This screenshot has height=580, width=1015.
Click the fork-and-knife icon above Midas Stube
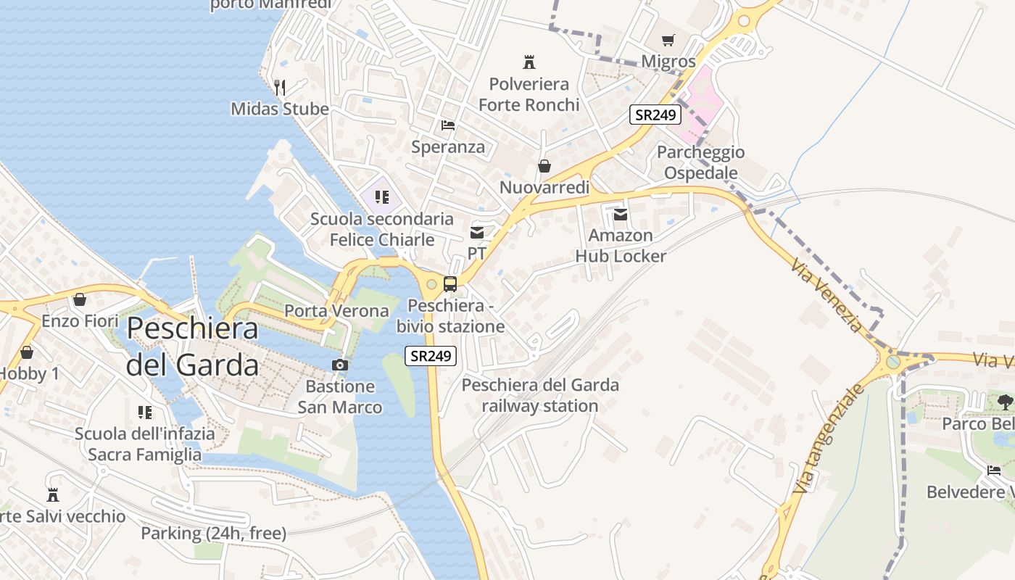(x=280, y=88)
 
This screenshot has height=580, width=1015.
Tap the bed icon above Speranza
(x=448, y=125)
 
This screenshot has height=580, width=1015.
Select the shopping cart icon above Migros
(x=668, y=41)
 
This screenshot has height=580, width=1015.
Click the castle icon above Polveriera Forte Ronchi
(x=529, y=62)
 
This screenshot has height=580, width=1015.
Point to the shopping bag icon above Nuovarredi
(x=544, y=167)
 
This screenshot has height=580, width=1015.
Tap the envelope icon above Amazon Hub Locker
(x=621, y=215)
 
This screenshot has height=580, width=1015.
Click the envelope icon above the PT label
(x=477, y=233)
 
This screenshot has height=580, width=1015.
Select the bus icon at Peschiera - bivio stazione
(x=450, y=284)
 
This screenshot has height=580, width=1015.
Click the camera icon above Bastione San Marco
(x=339, y=365)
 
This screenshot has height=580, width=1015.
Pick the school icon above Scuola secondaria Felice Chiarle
(x=382, y=197)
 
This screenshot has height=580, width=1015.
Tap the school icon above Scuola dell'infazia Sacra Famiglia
(x=145, y=413)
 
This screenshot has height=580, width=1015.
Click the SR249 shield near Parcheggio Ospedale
(x=655, y=115)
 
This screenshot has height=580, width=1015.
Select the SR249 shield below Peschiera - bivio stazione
(x=431, y=356)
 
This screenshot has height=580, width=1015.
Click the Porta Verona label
(x=336, y=311)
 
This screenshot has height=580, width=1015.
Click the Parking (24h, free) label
(x=214, y=534)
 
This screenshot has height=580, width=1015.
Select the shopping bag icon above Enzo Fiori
(x=80, y=299)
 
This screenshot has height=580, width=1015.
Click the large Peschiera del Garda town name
(x=192, y=347)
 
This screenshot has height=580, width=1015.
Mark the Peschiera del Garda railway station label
(x=540, y=395)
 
